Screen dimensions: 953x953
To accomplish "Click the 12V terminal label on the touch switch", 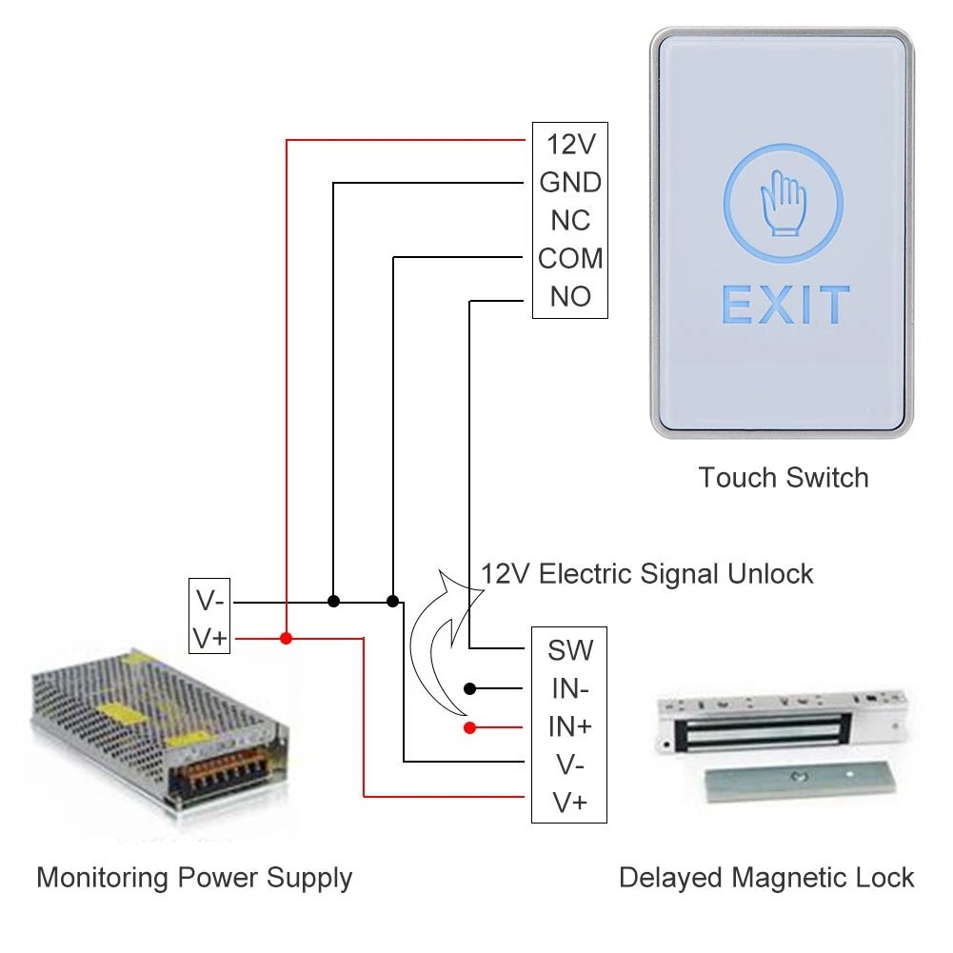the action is [x=570, y=145].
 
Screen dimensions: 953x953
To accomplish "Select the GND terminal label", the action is [x=570, y=183].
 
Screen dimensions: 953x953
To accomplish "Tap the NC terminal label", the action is [x=570, y=221].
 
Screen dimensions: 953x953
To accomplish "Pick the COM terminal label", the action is [x=570, y=258].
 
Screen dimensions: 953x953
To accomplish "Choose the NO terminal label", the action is [x=570, y=297].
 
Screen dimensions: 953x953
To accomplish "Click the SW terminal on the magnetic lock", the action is [x=570, y=650].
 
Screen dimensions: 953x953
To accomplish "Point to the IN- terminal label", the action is [x=570, y=688].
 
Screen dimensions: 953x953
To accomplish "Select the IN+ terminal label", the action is [x=570, y=726].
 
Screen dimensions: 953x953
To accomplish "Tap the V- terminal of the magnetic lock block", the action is [x=570, y=764].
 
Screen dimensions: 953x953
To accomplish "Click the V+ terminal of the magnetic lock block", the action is [x=570, y=803].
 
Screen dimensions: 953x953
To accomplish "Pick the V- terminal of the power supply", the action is [x=209, y=601].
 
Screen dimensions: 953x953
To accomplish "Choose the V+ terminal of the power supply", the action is [x=209, y=639].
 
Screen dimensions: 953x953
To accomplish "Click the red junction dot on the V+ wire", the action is [x=287, y=638].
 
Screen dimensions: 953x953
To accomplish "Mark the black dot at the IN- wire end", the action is [x=469, y=688].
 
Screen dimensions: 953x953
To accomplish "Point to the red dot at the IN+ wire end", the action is [x=469, y=727].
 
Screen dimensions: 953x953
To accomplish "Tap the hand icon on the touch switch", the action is [x=784, y=203].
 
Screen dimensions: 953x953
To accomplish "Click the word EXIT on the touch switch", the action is [x=785, y=305].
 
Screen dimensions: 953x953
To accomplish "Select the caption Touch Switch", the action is [x=784, y=478].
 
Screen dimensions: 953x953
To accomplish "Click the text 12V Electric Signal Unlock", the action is [x=646, y=574].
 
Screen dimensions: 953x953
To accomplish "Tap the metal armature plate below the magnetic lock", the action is [x=800, y=782].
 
